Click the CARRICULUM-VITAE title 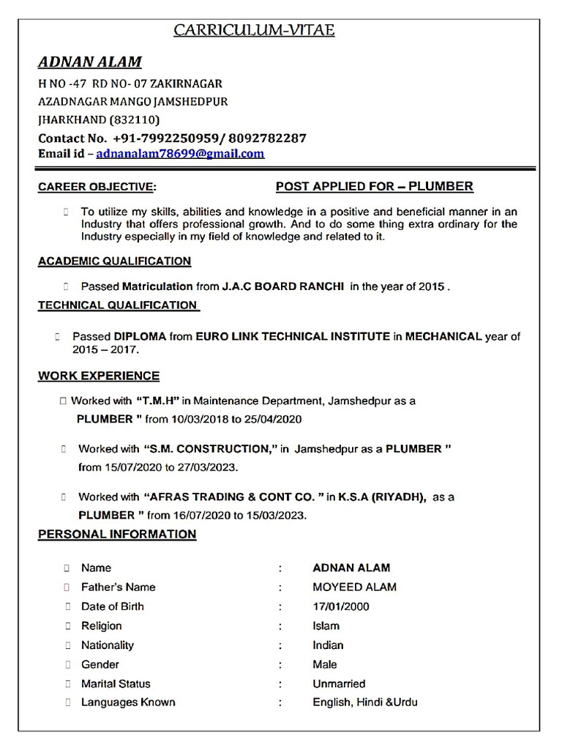point(254,30)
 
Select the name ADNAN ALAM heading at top point(90,62)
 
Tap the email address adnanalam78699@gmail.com point(180,154)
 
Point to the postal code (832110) point(134,119)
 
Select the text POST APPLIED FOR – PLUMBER point(374,186)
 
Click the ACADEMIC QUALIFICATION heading point(114,261)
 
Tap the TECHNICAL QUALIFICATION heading point(118,305)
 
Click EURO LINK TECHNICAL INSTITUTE point(293,337)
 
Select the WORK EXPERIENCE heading point(99,376)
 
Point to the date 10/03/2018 point(196,420)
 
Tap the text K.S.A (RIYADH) point(382,497)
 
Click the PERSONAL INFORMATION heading point(117,534)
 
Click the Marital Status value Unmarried point(339,683)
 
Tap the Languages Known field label point(128,702)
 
